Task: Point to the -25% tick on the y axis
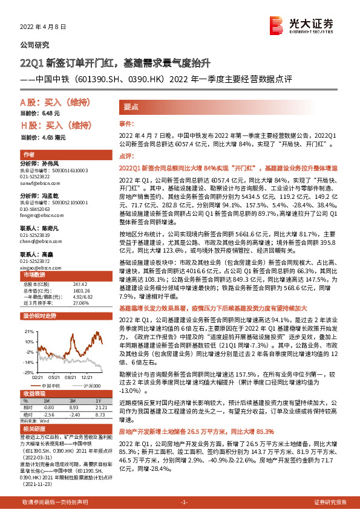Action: point(29,372)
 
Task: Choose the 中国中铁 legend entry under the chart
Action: point(52,385)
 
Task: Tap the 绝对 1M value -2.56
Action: point(50,414)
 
